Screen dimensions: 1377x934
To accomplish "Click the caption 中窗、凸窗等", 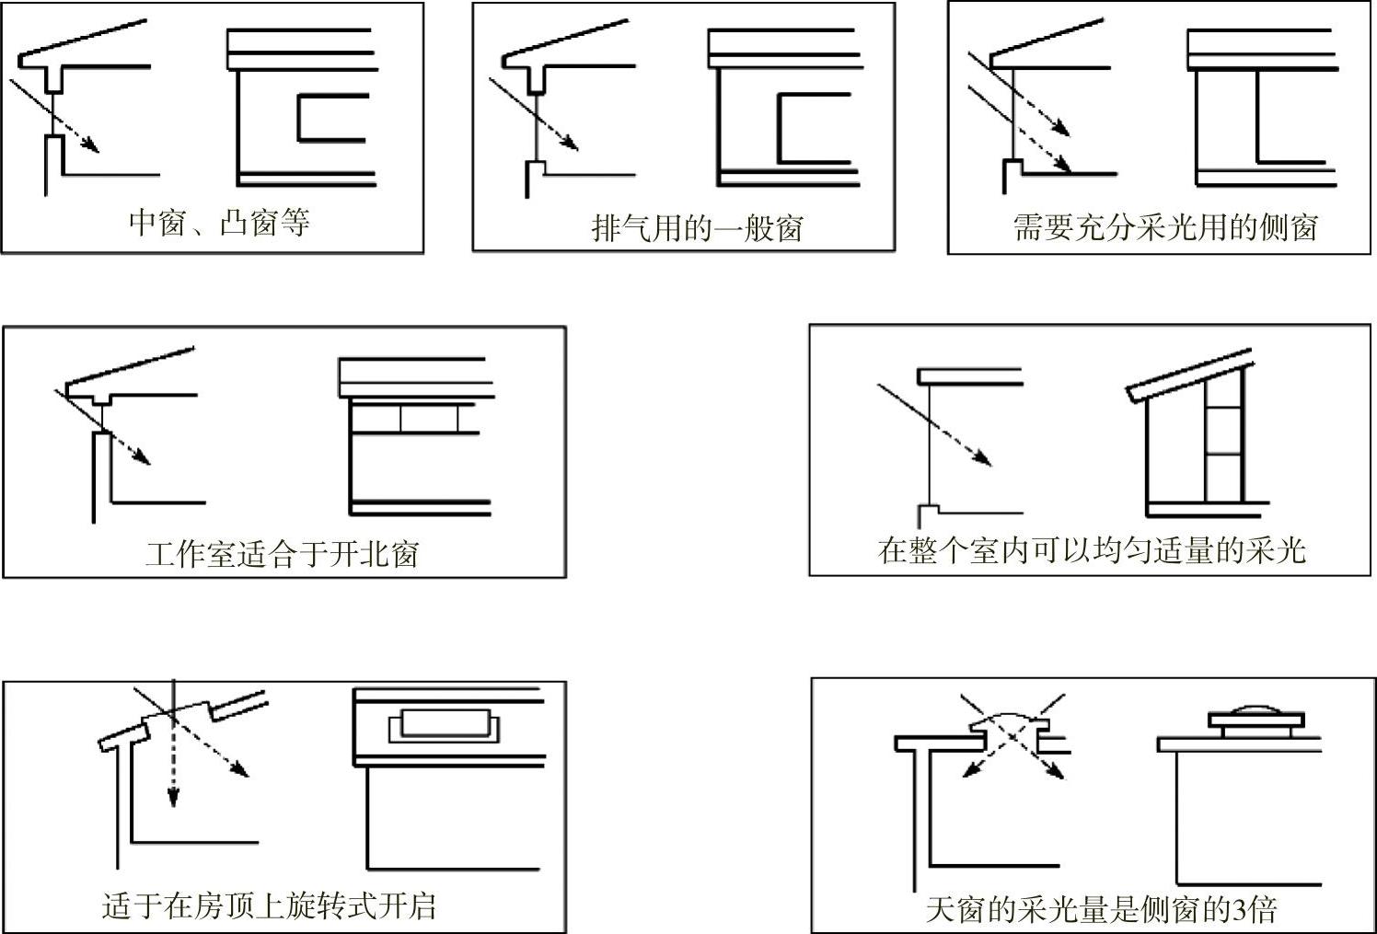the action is [x=219, y=223].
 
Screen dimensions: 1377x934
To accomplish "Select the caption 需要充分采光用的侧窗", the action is [x=1165, y=226].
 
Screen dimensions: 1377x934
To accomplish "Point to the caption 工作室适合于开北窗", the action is [x=283, y=554].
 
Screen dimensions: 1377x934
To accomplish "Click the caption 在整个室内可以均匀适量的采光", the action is [x=1092, y=550].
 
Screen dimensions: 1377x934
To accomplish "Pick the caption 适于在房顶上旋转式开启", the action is [x=268, y=906].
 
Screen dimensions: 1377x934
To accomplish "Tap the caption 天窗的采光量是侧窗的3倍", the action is [x=1101, y=910].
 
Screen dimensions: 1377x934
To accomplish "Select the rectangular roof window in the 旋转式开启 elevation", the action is [x=444, y=723].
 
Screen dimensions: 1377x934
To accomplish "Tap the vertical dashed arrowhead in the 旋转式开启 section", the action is [x=171, y=798].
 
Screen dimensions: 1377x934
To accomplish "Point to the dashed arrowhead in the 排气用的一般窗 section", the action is [x=572, y=144].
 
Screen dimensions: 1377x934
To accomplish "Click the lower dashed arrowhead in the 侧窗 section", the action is [x=1064, y=167].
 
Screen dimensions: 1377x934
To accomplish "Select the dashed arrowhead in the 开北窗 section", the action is [x=143, y=459].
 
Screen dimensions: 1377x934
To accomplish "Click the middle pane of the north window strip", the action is [x=429, y=419].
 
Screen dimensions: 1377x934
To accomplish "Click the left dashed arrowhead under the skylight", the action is [x=967, y=771].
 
